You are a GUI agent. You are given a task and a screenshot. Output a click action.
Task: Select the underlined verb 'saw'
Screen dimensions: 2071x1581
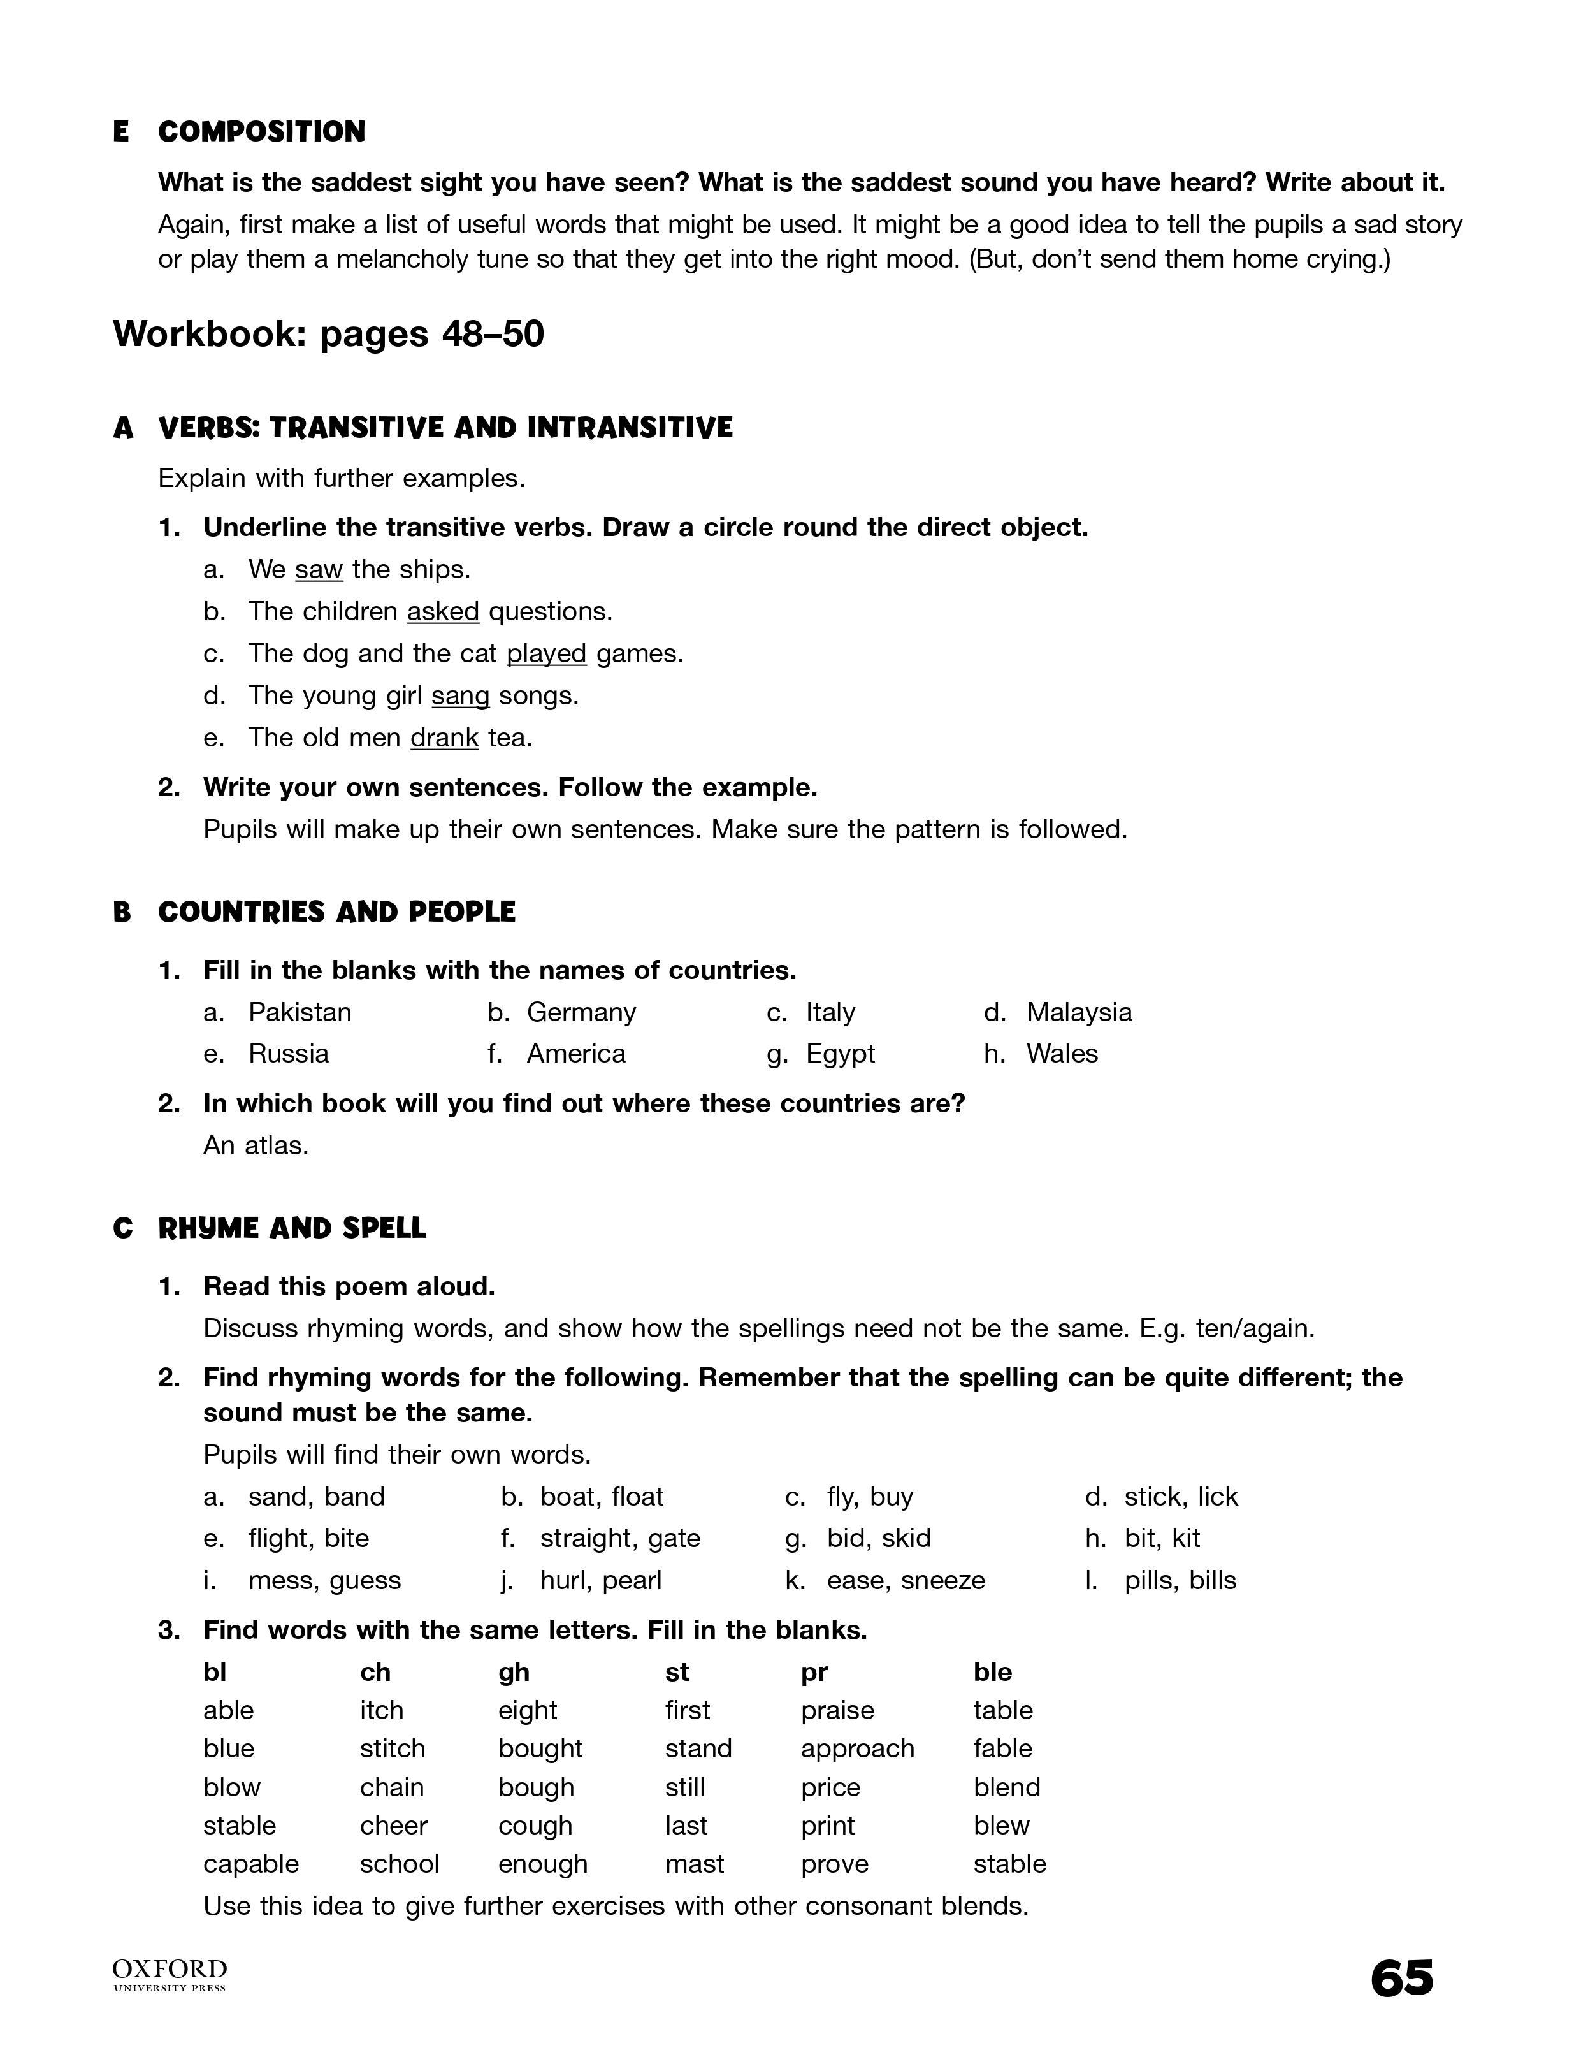[318, 569]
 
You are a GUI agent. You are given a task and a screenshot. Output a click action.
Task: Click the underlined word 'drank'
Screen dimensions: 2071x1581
[444, 738]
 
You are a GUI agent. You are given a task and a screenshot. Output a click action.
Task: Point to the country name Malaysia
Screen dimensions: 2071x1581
[1078, 1012]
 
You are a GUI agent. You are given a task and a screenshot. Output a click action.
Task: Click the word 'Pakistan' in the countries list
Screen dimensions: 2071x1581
[300, 1012]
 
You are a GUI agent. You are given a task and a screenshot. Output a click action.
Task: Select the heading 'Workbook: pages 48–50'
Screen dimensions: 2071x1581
[328, 334]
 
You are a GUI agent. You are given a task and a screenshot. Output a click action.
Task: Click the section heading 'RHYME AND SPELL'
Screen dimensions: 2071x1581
[292, 1228]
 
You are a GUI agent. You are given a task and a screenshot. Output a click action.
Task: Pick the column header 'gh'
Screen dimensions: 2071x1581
[514, 1672]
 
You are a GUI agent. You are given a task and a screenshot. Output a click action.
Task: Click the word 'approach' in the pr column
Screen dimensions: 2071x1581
[857, 1749]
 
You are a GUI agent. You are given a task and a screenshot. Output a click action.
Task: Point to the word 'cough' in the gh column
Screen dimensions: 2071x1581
[535, 1826]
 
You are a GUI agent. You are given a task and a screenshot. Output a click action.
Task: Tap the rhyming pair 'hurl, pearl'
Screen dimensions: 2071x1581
[600, 1581]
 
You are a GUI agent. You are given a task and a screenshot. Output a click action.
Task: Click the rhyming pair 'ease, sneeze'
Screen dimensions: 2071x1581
[906, 1581]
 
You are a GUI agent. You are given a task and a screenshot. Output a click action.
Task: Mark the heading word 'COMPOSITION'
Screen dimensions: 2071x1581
[262, 132]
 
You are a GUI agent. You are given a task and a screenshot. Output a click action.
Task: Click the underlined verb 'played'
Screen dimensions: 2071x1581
[546, 653]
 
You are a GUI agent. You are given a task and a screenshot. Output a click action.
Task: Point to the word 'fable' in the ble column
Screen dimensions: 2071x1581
[1002, 1749]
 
